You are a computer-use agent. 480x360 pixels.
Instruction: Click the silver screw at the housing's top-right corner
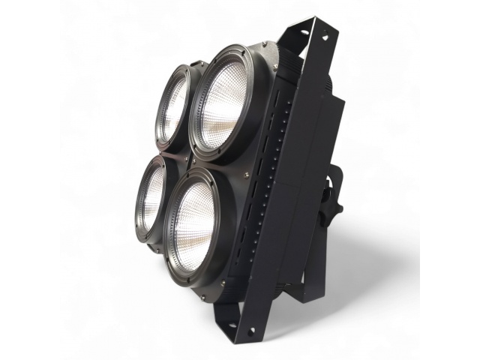275,67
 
